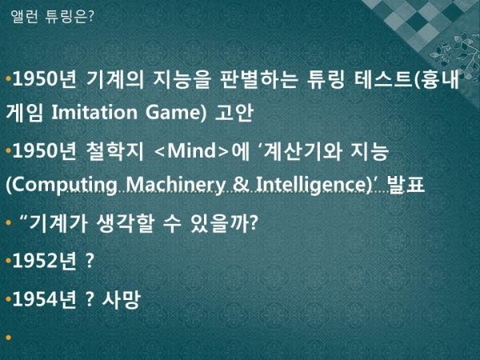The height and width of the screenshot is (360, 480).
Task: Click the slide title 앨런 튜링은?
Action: click(51, 16)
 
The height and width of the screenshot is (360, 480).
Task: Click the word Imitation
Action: click(94, 112)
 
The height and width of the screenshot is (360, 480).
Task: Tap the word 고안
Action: click(234, 112)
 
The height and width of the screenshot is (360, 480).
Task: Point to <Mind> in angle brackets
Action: click(192, 150)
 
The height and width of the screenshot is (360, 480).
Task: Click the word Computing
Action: click(62, 185)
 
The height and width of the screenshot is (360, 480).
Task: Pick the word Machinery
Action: click(175, 185)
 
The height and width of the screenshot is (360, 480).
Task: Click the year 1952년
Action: click(44, 261)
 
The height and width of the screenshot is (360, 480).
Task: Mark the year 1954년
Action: click(44, 299)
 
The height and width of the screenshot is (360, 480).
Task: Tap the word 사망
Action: click(122, 299)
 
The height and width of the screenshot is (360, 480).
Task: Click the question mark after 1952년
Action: click(90, 261)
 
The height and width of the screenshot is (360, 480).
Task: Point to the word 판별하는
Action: click(258, 79)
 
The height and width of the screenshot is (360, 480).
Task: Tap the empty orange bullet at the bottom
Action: click(8, 338)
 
